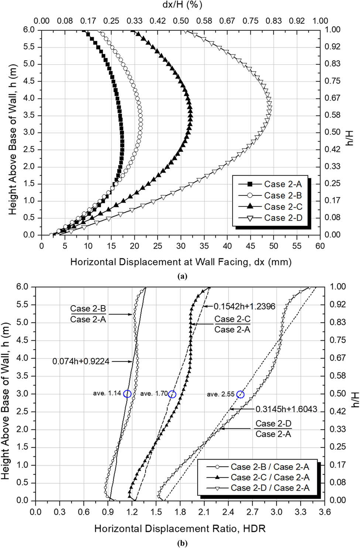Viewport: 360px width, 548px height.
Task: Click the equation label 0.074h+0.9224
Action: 81,361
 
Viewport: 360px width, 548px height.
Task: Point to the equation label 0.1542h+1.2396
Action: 244,306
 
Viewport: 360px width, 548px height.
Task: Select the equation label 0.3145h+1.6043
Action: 286,409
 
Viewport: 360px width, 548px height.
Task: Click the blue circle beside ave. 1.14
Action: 127,394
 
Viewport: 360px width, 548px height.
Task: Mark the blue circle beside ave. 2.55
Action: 240,394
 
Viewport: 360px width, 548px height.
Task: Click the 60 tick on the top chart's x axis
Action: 320,246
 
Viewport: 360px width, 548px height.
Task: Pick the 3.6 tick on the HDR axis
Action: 324,512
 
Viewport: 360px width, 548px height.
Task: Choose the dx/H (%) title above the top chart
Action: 182,5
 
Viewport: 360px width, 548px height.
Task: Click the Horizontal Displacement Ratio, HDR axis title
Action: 180,528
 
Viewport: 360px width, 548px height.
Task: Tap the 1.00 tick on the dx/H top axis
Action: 320,21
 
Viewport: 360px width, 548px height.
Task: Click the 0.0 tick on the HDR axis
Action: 35,512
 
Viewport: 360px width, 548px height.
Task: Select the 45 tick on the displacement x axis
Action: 250,246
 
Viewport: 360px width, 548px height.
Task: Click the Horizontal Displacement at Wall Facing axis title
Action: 181,262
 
